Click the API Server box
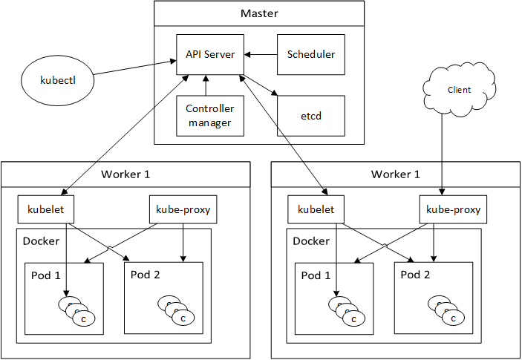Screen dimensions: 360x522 pyautogui.click(x=210, y=54)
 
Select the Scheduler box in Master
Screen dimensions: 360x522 pyautogui.click(x=310, y=54)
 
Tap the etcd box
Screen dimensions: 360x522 pyautogui.click(x=310, y=116)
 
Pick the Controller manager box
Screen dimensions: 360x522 pyautogui.click(x=210, y=116)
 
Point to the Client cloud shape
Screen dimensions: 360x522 pyautogui.click(x=459, y=90)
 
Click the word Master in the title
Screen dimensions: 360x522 pyautogui.click(x=259, y=14)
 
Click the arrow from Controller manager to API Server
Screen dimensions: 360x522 pyautogui.click(x=207, y=85)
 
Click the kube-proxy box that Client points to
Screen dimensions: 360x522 pyautogui.click(x=452, y=210)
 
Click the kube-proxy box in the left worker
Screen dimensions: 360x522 pyautogui.click(x=181, y=210)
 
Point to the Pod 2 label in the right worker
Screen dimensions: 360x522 pyautogui.click(x=416, y=275)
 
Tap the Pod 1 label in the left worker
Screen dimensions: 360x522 pyautogui.click(x=47, y=276)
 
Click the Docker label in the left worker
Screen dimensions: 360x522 pyautogui.click(x=41, y=241)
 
